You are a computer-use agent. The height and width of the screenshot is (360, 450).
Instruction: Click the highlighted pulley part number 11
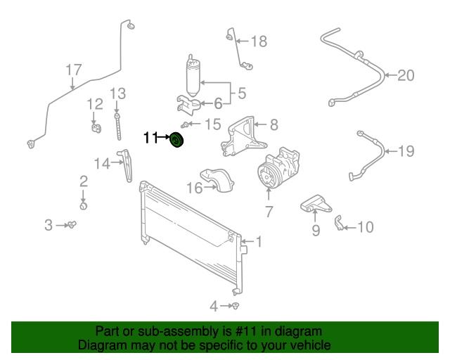click(176, 141)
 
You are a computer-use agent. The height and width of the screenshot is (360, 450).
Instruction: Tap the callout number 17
click(74, 70)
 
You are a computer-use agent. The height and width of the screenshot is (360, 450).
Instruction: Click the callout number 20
click(406, 75)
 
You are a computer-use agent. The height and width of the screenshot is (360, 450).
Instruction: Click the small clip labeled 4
click(238, 306)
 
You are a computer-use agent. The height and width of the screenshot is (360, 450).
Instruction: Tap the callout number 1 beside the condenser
click(258, 242)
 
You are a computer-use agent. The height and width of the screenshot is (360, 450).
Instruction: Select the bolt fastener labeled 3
click(72, 224)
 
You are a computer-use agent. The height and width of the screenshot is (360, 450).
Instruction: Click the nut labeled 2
click(84, 206)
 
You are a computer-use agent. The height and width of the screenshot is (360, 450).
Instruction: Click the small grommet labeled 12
click(94, 127)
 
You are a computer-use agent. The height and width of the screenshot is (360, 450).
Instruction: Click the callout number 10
click(365, 226)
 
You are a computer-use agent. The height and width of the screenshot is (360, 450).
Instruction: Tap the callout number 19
click(406, 150)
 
